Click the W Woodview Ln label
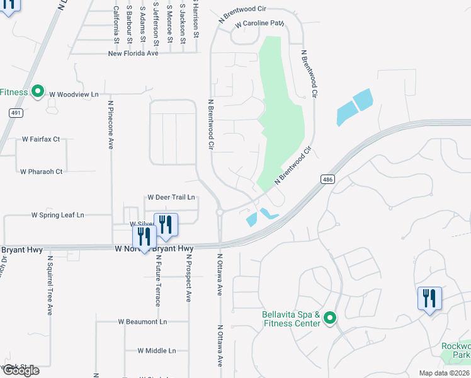coord(74,94)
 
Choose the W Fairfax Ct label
coord(40,139)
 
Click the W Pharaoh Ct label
coord(42,171)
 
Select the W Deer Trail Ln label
coord(171,197)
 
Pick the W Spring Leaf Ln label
coord(58,215)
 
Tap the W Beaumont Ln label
coord(142,321)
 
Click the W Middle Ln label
coord(157,350)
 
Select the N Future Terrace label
coord(157,281)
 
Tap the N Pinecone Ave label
coord(110,125)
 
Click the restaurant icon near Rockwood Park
coord(429,298)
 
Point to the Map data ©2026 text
coord(445,373)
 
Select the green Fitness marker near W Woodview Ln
coord(37,93)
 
